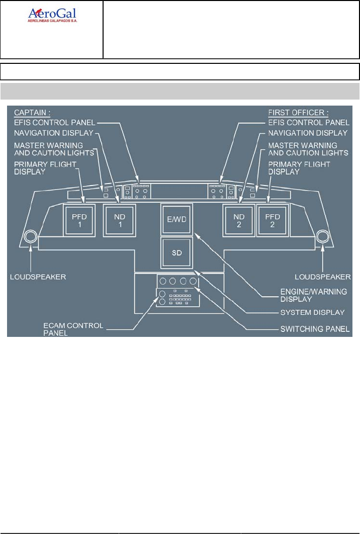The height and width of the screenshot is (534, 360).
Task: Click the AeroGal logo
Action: (x=55, y=16)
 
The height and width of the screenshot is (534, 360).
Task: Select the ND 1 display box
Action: (x=119, y=220)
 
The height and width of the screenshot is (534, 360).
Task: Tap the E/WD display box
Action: (x=176, y=219)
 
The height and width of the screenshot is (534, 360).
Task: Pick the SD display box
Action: (x=176, y=252)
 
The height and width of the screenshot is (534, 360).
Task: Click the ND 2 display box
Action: (x=239, y=220)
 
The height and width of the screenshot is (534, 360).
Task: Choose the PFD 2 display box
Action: (x=272, y=220)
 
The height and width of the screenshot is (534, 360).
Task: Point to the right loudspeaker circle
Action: (x=322, y=236)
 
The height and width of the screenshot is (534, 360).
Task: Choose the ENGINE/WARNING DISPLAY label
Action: (x=312, y=294)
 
